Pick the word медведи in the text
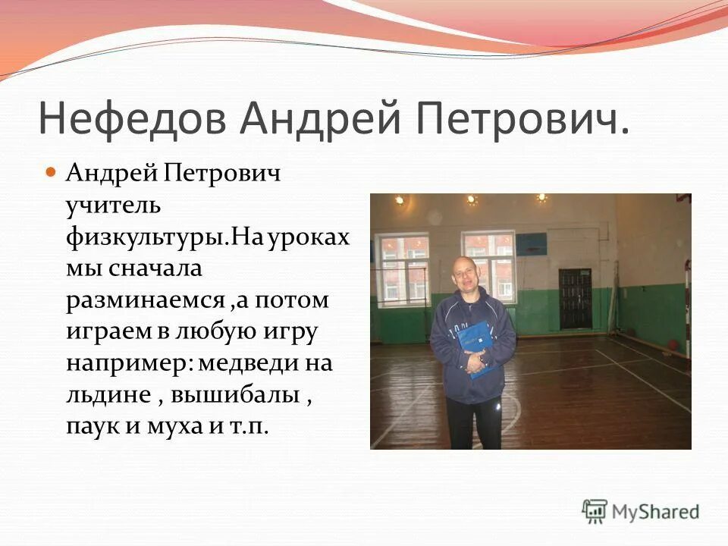point(246,362)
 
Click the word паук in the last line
point(91,426)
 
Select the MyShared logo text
point(655,511)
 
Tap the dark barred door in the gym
point(575,298)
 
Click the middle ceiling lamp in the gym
point(472,200)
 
